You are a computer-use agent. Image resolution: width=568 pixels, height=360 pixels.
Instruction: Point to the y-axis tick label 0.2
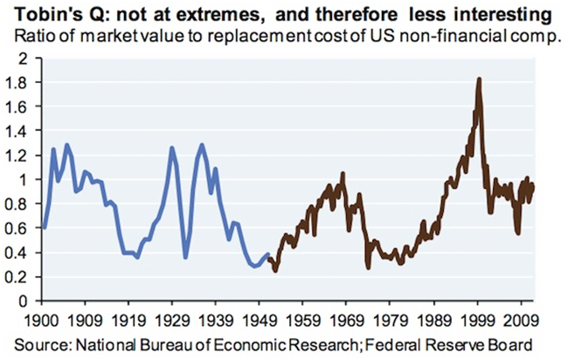point(18,276)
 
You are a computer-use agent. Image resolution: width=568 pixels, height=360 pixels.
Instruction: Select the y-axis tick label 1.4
point(18,130)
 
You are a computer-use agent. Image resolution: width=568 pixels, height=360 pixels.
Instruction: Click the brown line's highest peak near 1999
point(479,80)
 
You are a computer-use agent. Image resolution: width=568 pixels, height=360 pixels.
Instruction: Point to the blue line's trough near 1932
point(185,257)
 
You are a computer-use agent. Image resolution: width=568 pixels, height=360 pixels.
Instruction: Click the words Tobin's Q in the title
point(44,16)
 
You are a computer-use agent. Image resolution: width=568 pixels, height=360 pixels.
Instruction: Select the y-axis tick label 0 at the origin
point(24,301)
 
